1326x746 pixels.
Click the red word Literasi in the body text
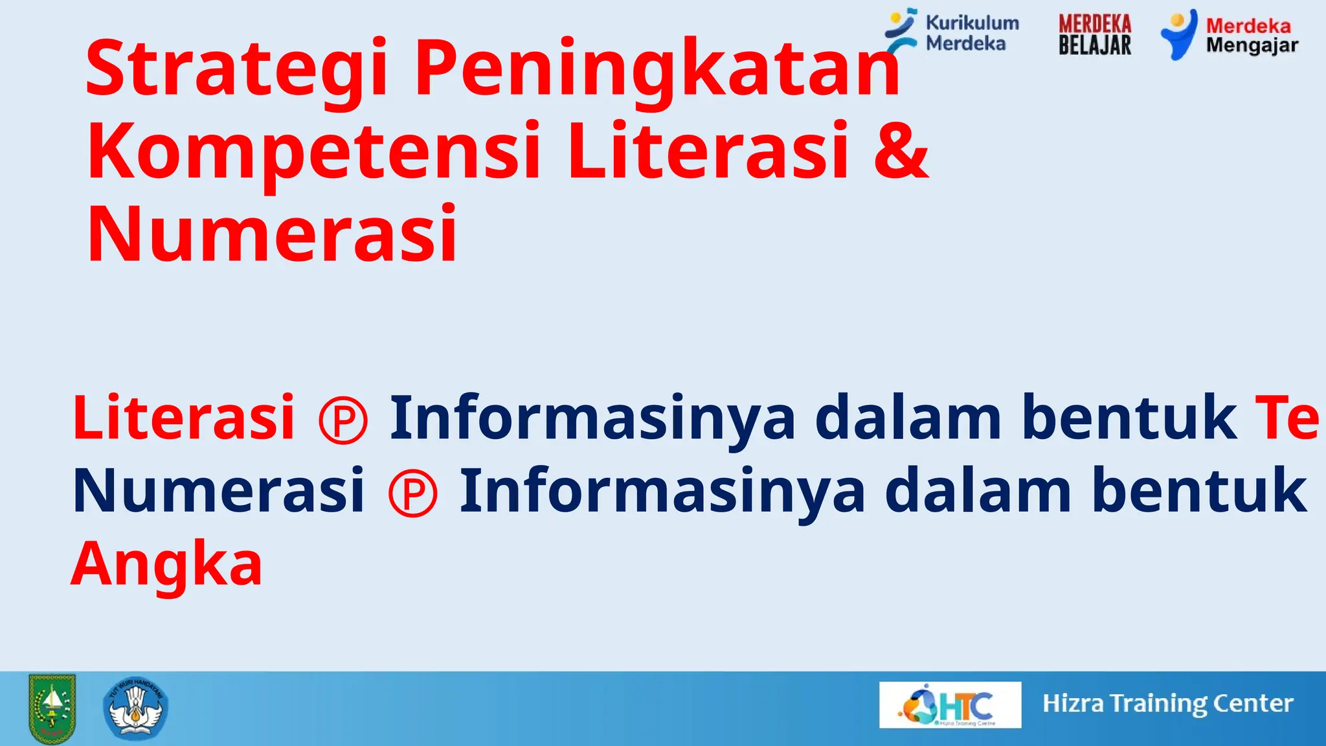pyautogui.click(x=184, y=418)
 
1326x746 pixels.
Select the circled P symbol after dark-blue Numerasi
pyautogui.click(x=413, y=493)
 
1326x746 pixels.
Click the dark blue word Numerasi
pyautogui.click(x=219, y=491)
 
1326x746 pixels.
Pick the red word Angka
pyautogui.click(x=166, y=563)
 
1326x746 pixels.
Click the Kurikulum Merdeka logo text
pyautogui.click(x=971, y=33)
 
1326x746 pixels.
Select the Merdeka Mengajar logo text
pyautogui.click(x=1252, y=36)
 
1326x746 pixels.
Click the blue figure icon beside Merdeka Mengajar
pyautogui.click(x=1179, y=34)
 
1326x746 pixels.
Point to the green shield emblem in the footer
pyautogui.click(x=52, y=708)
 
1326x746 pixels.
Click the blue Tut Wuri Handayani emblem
pyautogui.click(x=135, y=708)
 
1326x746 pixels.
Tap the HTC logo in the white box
pyautogui.click(x=950, y=705)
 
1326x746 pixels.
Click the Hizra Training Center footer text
pyautogui.click(x=1167, y=703)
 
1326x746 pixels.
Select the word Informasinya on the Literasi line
pyautogui.click(x=592, y=418)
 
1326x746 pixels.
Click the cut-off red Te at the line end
pyautogui.click(x=1286, y=418)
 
